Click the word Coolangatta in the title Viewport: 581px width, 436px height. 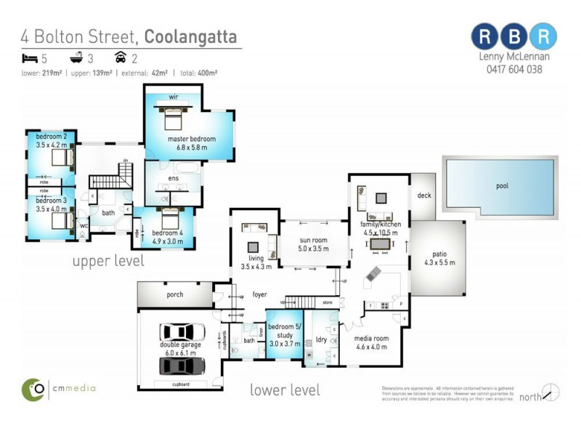[190, 36]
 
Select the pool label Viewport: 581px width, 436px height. [502, 186]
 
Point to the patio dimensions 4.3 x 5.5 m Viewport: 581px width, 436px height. [439, 263]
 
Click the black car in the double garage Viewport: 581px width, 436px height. [182, 364]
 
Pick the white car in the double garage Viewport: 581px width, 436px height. [182, 333]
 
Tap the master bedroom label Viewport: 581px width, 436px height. [191, 139]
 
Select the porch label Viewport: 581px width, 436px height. [174, 295]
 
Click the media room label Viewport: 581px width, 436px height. [371, 339]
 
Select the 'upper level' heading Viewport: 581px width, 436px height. [107, 260]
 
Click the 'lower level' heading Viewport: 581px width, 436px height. [285, 390]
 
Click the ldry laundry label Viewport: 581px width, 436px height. [320, 340]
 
